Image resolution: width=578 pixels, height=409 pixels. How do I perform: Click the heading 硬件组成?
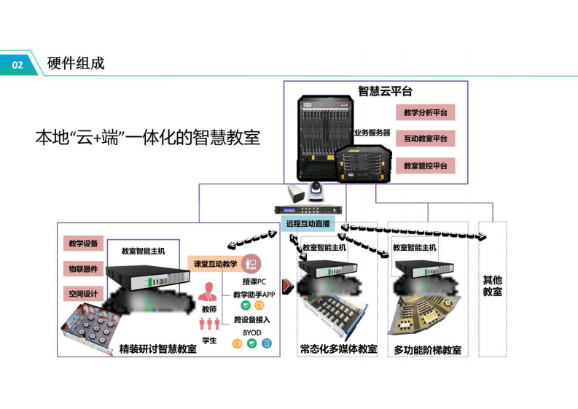(x=76, y=63)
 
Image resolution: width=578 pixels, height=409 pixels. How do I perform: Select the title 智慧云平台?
(x=385, y=91)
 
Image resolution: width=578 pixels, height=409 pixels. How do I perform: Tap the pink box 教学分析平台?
(x=425, y=113)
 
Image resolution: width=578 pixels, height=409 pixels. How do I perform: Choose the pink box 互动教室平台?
(x=425, y=139)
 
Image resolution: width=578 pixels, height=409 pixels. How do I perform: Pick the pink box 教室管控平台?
(x=425, y=165)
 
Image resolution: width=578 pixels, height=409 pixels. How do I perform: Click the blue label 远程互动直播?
(x=308, y=224)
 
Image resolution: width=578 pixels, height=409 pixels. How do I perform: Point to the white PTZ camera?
(x=317, y=192)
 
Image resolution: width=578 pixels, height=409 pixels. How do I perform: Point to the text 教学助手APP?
(x=254, y=295)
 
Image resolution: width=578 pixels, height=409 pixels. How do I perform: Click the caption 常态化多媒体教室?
(x=338, y=349)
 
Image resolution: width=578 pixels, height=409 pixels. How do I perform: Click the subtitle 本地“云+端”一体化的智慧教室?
(x=148, y=138)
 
